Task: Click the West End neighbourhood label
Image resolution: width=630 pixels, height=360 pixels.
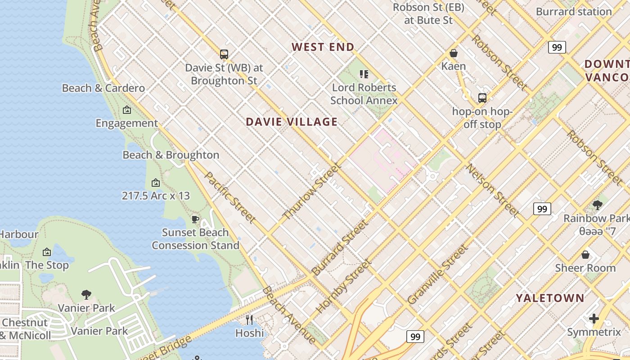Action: [x=323, y=47]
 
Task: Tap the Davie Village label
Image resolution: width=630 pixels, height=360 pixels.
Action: [x=292, y=121]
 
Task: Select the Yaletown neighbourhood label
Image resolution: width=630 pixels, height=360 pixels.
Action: [x=550, y=298]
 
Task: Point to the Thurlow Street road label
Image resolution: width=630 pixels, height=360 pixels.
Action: [x=311, y=191]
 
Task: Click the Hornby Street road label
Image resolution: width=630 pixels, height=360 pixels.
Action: [x=344, y=286]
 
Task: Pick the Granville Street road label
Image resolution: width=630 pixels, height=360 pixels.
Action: [x=437, y=274]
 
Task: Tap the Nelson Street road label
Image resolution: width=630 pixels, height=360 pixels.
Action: [x=492, y=190]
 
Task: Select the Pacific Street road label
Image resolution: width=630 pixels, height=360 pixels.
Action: [x=230, y=197]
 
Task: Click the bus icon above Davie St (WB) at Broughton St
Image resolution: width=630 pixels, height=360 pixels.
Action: [x=224, y=54]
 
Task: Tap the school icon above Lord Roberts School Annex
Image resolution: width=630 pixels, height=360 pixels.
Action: [x=364, y=74]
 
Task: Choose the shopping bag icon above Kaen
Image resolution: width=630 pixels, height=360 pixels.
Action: [x=454, y=53]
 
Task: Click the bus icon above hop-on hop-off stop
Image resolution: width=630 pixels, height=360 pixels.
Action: [x=482, y=98]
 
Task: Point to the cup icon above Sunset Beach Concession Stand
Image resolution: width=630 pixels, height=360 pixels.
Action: [x=195, y=219]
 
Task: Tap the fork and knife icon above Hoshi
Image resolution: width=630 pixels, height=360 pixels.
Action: [x=249, y=319]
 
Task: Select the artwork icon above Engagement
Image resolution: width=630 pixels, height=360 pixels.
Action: [x=127, y=109]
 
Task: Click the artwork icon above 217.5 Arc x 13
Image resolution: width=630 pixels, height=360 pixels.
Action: [x=156, y=182]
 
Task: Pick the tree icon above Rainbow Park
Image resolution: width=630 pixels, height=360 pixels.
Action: [x=598, y=205]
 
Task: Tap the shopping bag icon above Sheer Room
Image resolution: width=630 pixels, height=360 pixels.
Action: [x=585, y=255]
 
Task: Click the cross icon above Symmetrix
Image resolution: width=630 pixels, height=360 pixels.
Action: [x=594, y=319]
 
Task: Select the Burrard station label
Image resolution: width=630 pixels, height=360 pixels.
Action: [x=574, y=12]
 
